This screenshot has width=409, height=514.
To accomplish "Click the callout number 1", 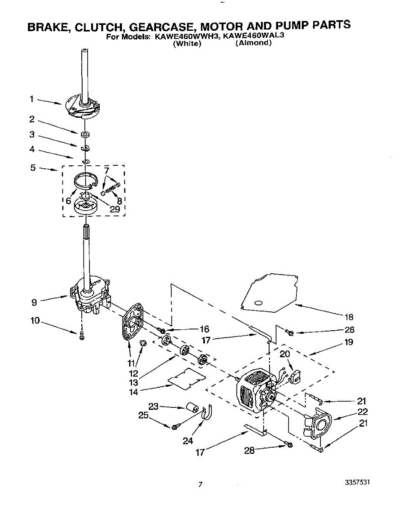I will tap(32, 99).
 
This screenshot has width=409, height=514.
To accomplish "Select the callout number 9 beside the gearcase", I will tap(34, 302).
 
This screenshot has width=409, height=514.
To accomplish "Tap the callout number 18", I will tap(349, 317).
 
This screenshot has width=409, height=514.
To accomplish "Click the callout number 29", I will tap(114, 209).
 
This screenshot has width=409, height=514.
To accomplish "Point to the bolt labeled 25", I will tap(175, 427).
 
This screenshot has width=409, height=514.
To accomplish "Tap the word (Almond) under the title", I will tap(254, 44).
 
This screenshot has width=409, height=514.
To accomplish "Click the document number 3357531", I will tap(357, 482).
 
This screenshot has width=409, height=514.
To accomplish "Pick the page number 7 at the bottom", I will tap(200, 484).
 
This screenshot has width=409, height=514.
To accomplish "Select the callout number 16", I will tap(204, 329).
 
